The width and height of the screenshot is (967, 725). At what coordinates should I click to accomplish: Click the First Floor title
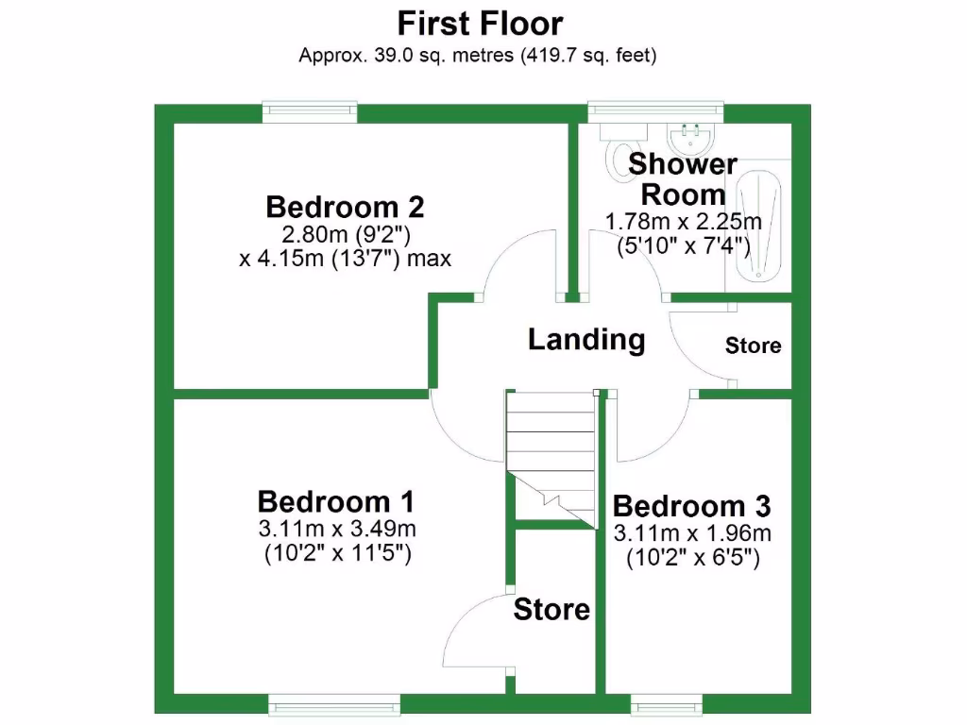click(x=480, y=23)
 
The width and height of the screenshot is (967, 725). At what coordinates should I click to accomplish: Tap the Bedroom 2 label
click(x=345, y=206)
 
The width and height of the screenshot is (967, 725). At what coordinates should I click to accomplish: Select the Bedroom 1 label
click(x=335, y=500)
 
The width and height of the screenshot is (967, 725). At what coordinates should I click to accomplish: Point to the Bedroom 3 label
click(x=692, y=506)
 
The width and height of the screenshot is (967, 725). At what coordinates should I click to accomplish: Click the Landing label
click(x=586, y=339)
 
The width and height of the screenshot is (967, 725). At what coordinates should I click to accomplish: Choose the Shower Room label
click(x=683, y=179)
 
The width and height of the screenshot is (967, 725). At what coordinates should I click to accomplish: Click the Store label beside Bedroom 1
click(x=551, y=610)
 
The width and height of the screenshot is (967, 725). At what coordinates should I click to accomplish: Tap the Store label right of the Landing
click(x=753, y=346)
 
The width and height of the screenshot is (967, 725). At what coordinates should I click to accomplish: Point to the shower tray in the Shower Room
click(x=759, y=227)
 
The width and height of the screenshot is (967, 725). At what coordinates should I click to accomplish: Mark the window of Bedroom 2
click(x=310, y=112)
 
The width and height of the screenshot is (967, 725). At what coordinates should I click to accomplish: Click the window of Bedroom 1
click(x=334, y=703)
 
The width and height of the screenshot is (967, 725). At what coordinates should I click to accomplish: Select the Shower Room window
click(x=655, y=112)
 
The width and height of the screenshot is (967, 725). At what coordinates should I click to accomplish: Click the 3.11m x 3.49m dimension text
click(x=337, y=529)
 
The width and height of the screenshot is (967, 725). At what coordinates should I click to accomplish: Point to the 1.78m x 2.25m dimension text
click(x=684, y=223)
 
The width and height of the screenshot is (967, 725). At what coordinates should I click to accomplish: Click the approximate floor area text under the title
click(x=478, y=55)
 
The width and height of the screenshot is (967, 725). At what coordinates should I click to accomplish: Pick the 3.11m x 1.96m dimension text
click(x=693, y=533)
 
